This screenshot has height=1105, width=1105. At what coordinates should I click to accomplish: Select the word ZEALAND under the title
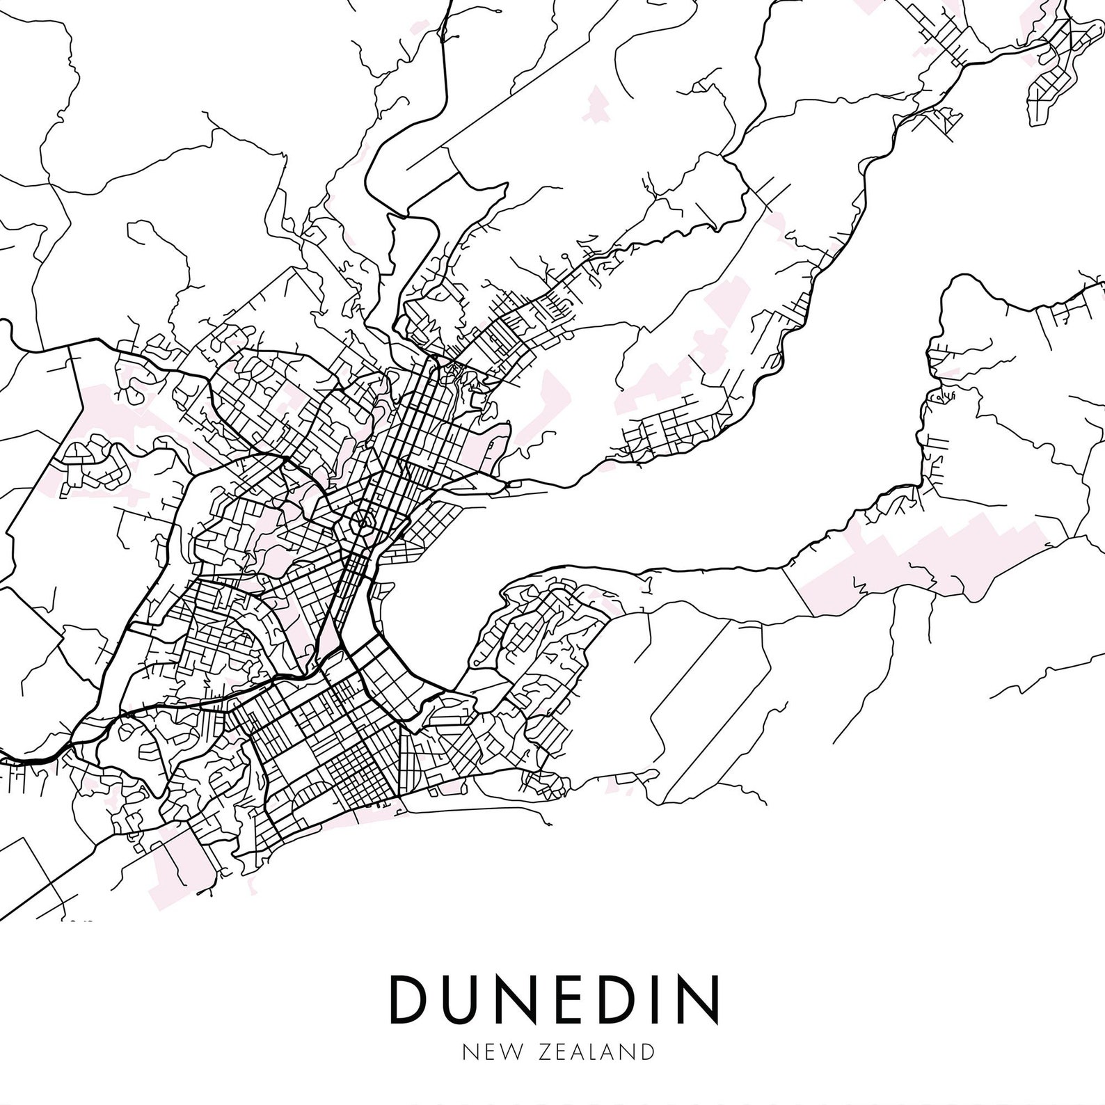pos(596,1051)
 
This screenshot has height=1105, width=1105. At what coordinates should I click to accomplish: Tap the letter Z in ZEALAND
pos(544,1051)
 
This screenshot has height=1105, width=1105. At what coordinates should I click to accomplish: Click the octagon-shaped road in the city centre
pos(362,520)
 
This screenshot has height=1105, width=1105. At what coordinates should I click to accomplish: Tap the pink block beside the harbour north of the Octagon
pos(480,445)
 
